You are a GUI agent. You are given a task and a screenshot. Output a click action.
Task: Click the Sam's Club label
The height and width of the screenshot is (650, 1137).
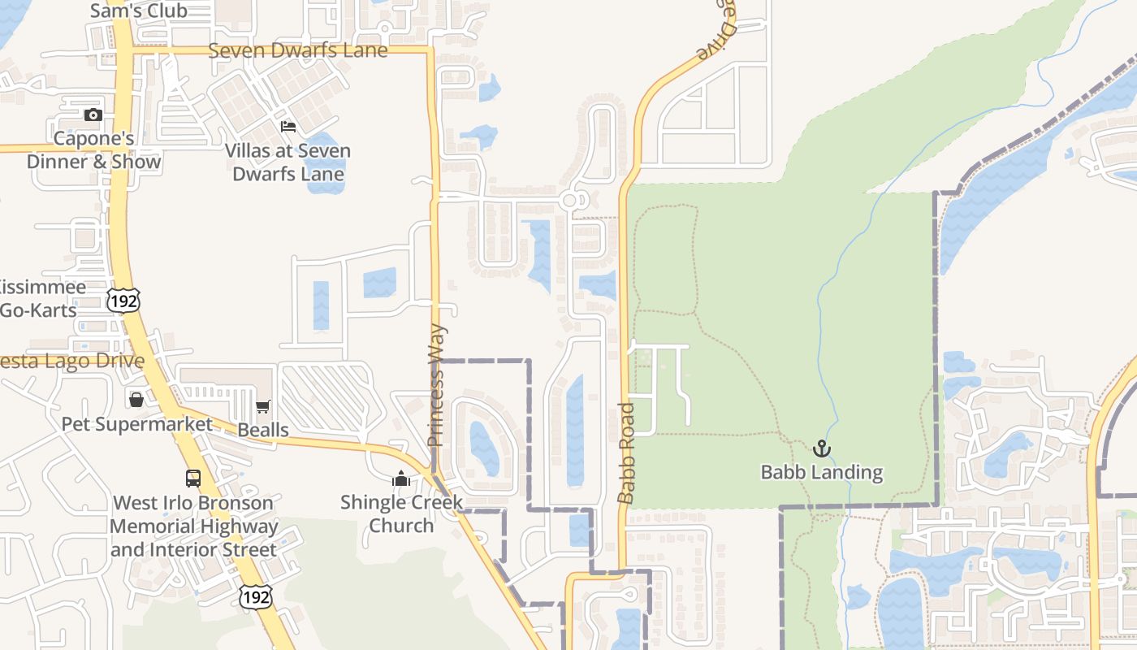(x=139, y=11)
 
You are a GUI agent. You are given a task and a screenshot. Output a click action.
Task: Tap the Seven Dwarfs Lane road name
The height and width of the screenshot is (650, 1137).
(x=298, y=50)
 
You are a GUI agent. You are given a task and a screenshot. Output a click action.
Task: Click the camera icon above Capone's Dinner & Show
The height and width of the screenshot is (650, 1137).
(x=93, y=115)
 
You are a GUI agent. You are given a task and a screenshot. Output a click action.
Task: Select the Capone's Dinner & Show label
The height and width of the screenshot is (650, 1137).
(x=93, y=150)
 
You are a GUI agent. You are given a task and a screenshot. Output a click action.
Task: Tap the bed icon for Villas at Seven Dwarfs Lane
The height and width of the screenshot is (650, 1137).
(x=288, y=126)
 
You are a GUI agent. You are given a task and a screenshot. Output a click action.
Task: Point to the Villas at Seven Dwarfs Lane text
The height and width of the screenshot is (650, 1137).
(x=287, y=162)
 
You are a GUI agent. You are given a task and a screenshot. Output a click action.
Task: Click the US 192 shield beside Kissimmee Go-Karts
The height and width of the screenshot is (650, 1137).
(x=123, y=300)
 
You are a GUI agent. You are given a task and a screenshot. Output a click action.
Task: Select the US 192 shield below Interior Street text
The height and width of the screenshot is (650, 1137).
(x=255, y=596)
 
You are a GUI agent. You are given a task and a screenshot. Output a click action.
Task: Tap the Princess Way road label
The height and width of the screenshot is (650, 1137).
(x=437, y=386)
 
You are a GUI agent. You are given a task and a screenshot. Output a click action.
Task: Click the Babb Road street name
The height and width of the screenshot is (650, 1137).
(x=625, y=453)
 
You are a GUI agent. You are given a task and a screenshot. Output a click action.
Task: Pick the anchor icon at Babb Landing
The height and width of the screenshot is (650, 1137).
(x=822, y=448)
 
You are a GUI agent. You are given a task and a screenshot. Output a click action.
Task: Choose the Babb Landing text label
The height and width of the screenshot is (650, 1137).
(x=821, y=472)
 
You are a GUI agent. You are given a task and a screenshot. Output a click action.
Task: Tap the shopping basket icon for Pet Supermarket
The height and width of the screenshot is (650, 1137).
(x=136, y=400)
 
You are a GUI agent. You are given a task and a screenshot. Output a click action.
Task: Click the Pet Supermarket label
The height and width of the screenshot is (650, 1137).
(x=136, y=424)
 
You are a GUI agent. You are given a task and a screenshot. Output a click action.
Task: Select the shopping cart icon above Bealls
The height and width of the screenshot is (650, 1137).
(x=262, y=406)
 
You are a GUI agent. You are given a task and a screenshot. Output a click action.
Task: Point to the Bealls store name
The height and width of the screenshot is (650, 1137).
(x=263, y=430)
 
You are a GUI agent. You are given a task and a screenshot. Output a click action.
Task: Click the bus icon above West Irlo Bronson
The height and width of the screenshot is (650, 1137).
(x=193, y=479)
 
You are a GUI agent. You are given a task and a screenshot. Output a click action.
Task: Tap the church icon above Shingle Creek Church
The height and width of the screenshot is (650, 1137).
(x=401, y=479)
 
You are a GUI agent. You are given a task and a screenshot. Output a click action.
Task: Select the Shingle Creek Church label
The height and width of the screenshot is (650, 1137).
(x=401, y=513)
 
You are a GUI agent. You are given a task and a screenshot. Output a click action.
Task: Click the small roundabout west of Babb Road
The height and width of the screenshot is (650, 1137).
(x=569, y=200)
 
